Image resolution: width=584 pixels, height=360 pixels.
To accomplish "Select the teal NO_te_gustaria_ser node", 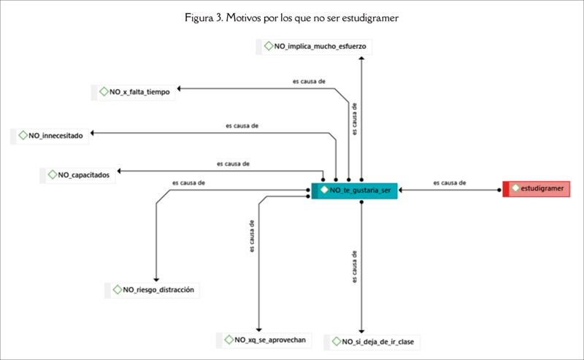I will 356,190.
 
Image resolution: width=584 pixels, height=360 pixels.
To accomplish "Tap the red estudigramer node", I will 539,189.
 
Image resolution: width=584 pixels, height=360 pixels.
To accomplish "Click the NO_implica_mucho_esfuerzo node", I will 315,47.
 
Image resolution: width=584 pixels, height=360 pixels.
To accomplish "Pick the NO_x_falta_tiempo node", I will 134,92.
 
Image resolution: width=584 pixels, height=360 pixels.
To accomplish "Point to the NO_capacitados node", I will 79,175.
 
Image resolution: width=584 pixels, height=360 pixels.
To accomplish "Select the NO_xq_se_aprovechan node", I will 266,340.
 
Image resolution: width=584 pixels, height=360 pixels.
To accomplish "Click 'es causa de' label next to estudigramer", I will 450,183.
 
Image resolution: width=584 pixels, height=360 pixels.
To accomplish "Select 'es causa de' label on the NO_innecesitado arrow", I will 242,126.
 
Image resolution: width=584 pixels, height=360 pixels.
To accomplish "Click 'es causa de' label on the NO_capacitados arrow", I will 234,164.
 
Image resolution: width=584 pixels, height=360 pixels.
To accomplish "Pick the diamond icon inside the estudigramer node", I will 515,189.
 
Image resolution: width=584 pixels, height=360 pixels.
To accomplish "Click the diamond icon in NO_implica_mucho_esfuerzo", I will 268,47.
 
